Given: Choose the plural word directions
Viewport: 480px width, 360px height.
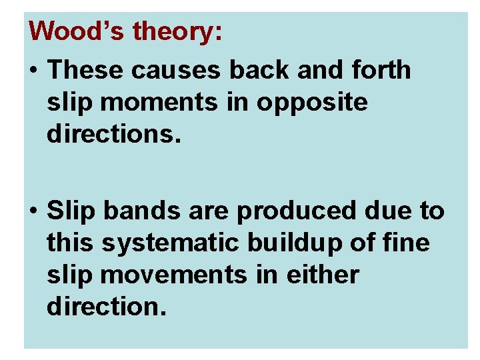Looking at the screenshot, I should click(x=113, y=135).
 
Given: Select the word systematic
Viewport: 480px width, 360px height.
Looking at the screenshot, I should click(x=169, y=243).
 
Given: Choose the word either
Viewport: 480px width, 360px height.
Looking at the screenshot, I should click(x=322, y=275).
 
